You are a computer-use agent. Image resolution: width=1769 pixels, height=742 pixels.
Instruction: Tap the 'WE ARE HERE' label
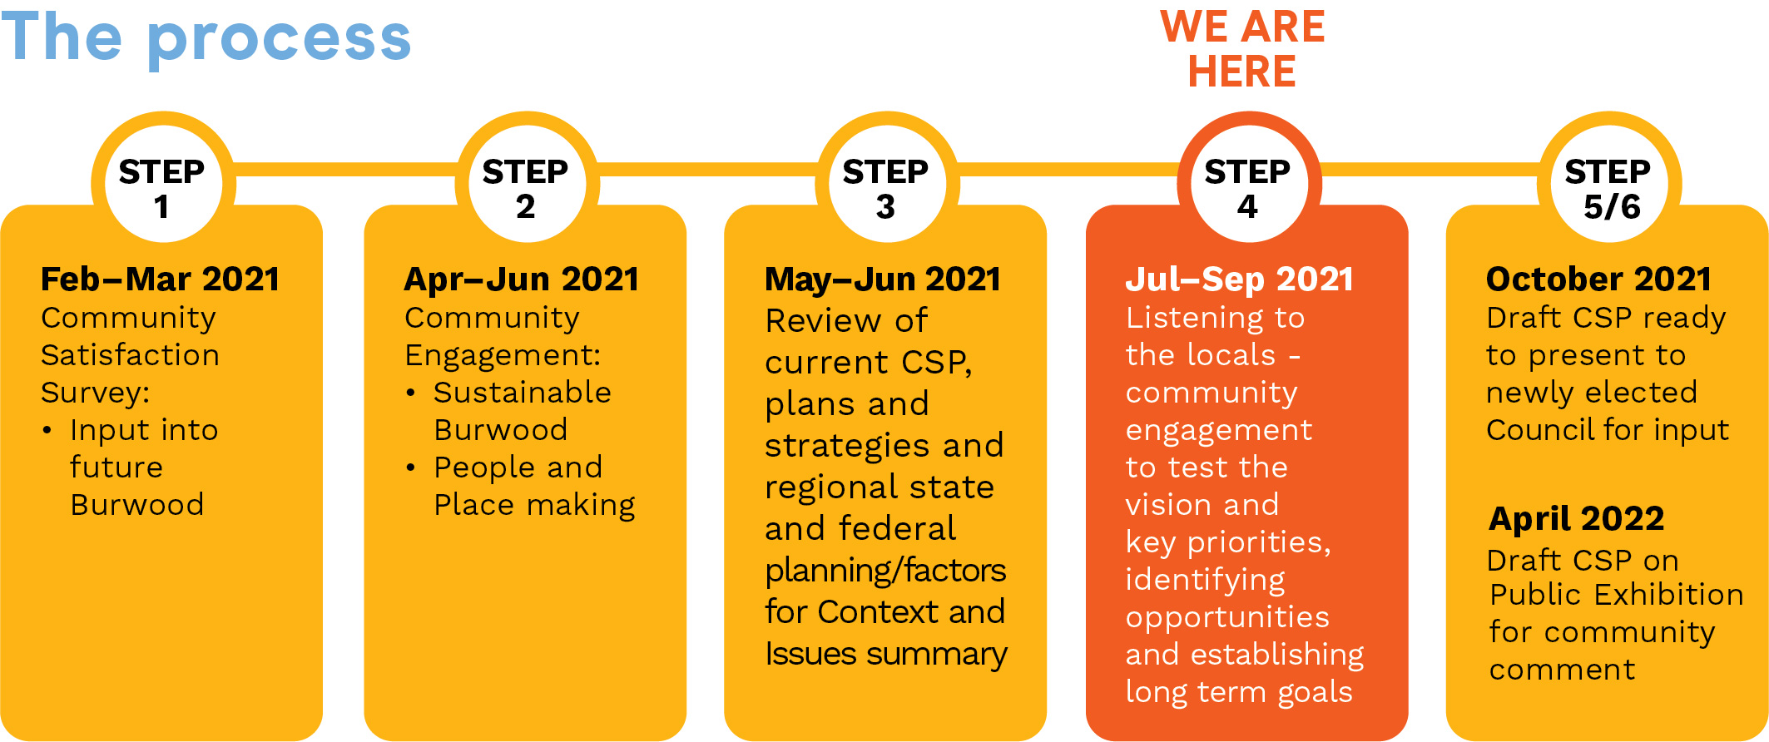1242,48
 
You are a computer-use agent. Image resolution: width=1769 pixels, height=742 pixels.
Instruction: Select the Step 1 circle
163,184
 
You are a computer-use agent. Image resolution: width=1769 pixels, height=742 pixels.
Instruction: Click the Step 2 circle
527,184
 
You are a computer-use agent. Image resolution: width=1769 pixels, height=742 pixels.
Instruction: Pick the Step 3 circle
887,184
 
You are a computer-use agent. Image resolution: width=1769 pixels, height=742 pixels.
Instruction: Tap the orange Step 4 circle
1249,184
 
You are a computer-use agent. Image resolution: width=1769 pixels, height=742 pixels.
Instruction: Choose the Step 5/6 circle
1609,184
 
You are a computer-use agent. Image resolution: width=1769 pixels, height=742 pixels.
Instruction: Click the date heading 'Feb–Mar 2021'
160,279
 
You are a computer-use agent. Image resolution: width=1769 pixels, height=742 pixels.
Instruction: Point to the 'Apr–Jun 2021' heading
522,280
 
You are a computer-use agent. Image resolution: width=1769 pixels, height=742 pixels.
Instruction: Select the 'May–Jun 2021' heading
883,280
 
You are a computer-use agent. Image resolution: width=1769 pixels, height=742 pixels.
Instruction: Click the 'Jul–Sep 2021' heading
1240,280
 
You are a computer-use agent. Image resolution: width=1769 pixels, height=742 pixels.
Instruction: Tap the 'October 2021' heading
1598,279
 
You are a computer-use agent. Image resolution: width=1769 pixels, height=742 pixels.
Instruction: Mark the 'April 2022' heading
1577,519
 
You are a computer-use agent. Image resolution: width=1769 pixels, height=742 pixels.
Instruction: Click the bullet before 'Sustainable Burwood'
410,393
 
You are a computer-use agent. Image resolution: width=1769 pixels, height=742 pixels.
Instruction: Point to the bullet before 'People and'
410,467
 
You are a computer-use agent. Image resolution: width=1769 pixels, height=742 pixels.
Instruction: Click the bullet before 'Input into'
47,430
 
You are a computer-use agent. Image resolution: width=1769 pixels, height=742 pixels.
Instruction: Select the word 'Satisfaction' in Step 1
130,355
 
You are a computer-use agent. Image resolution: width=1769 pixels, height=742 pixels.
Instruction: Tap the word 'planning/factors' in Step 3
885,571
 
